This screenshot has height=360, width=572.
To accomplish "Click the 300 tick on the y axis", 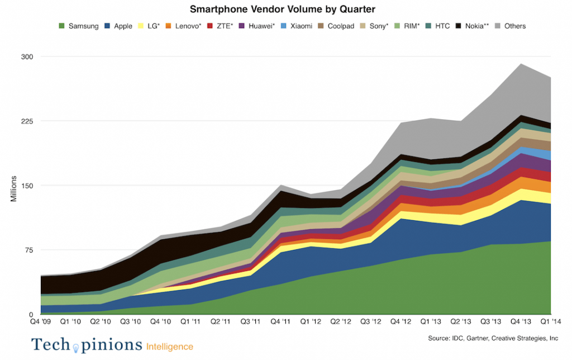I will (27, 56).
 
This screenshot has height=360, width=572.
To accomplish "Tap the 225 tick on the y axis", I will (27, 121).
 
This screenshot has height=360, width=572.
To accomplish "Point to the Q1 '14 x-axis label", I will (551, 322).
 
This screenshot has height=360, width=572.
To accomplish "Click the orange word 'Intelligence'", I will (170, 347).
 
